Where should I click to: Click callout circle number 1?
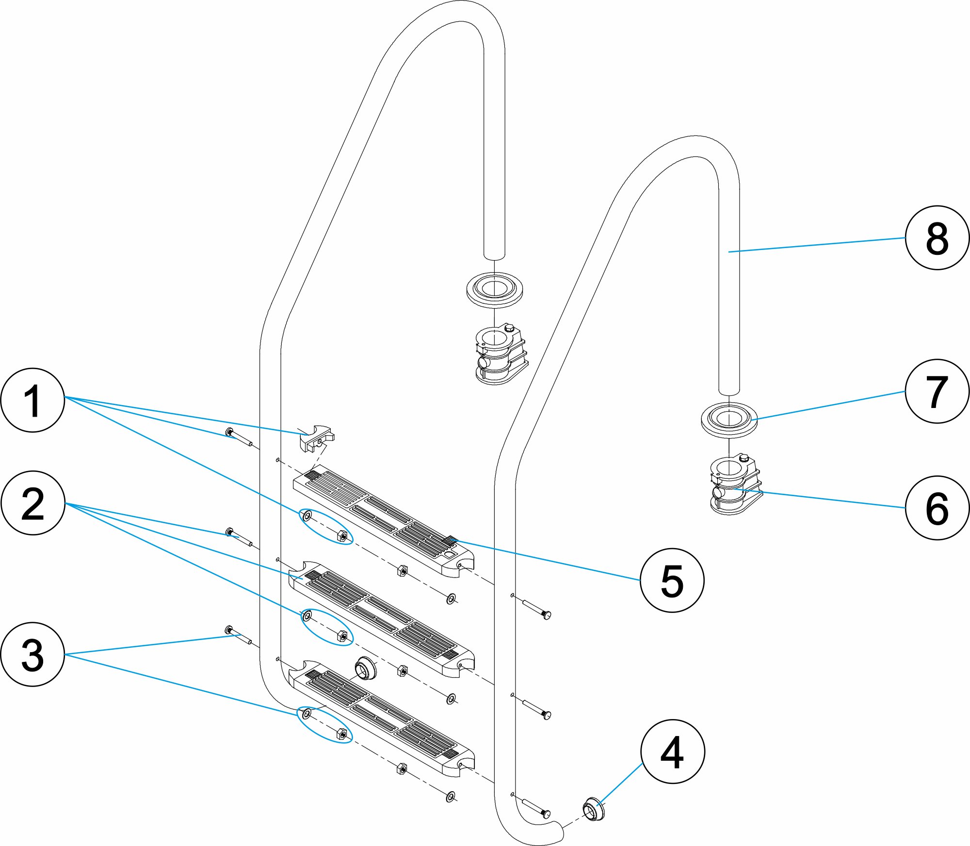click(32, 400)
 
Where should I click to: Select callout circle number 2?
click(32, 503)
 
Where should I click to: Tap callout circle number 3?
click(32, 654)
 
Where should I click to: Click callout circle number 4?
click(672, 752)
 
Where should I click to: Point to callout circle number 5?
click(672, 580)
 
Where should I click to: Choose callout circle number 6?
click(937, 508)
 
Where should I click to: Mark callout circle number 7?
click(937, 391)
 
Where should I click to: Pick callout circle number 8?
click(937, 238)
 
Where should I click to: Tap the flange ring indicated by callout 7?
click(729, 419)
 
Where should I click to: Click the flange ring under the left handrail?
click(495, 289)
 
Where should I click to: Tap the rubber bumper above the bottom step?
click(365, 669)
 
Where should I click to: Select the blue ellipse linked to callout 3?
click(324, 724)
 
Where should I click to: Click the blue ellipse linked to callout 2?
click(327, 627)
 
